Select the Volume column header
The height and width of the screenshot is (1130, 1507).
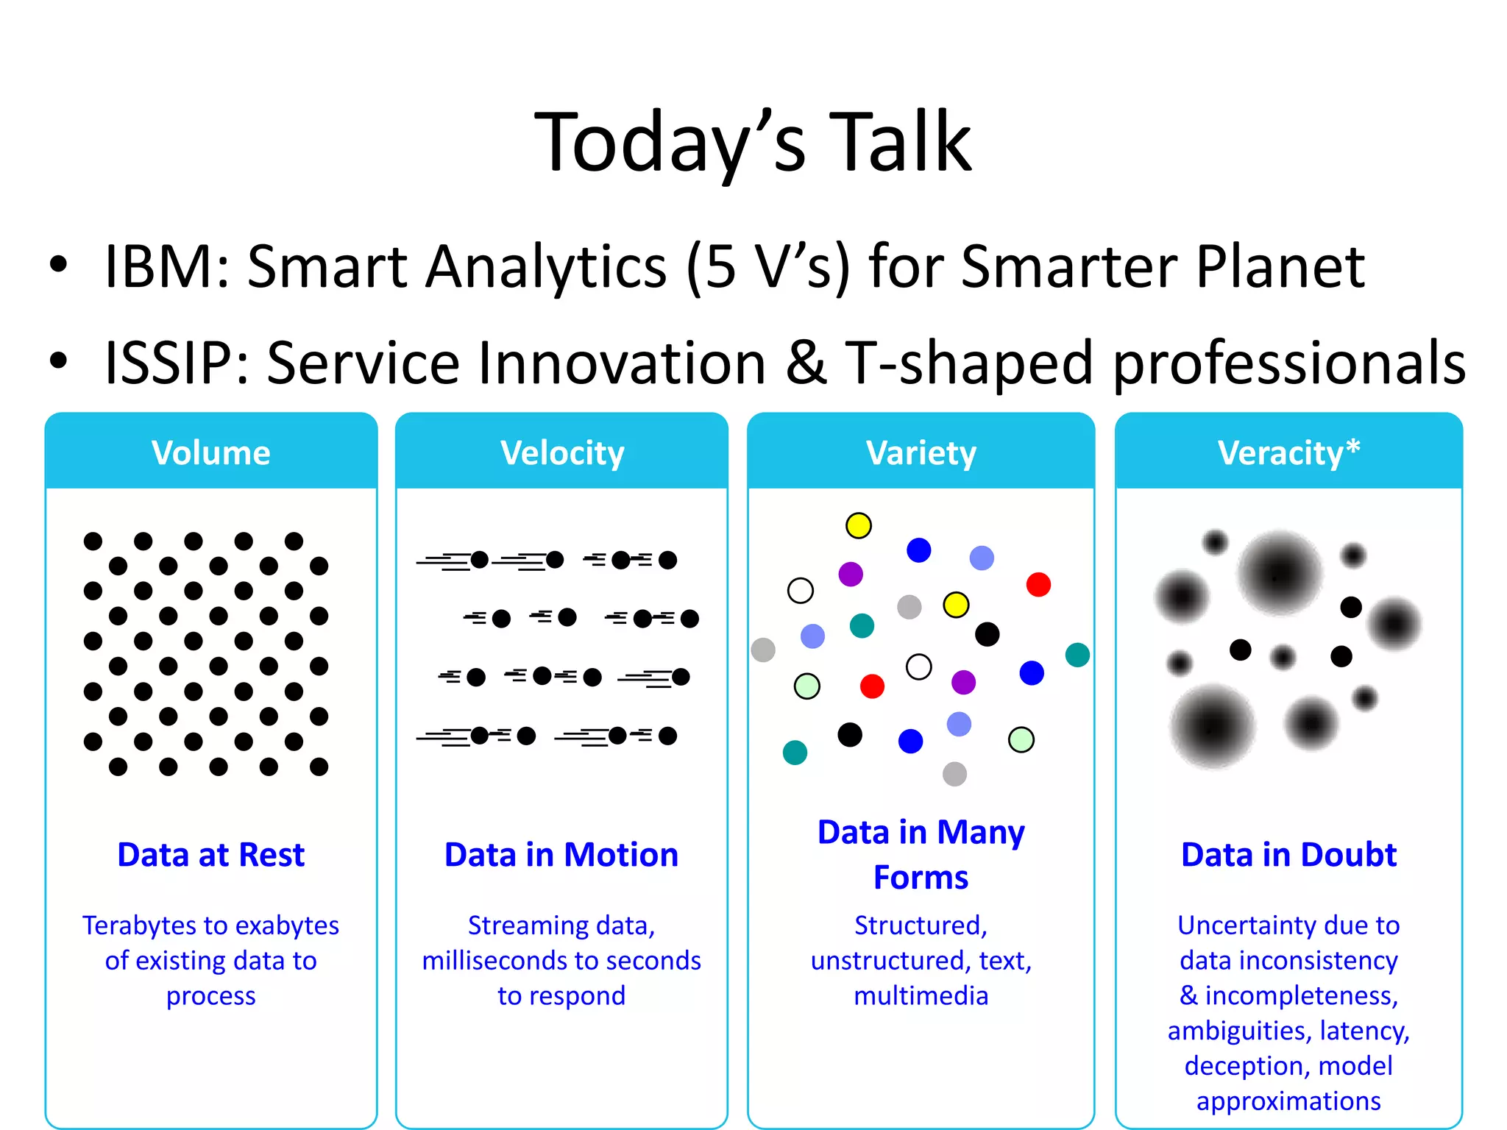(x=211, y=452)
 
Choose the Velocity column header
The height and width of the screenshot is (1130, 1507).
(x=562, y=452)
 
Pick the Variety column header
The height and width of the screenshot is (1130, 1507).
(x=921, y=452)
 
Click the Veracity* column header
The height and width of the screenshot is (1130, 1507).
(x=1288, y=452)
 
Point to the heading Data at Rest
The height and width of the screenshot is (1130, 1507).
(x=211, y=855)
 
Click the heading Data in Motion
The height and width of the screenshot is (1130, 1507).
(x=561, y=855)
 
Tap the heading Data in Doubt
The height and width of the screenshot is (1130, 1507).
(x=1288, y=855)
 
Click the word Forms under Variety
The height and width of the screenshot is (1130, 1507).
(x=921, y=878)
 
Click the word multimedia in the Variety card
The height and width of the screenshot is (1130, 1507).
(x=921, y=996)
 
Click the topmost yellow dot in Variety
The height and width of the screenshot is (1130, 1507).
(x=858, y=525)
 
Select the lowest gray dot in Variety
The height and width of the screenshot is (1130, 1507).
(x=954, y=774)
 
